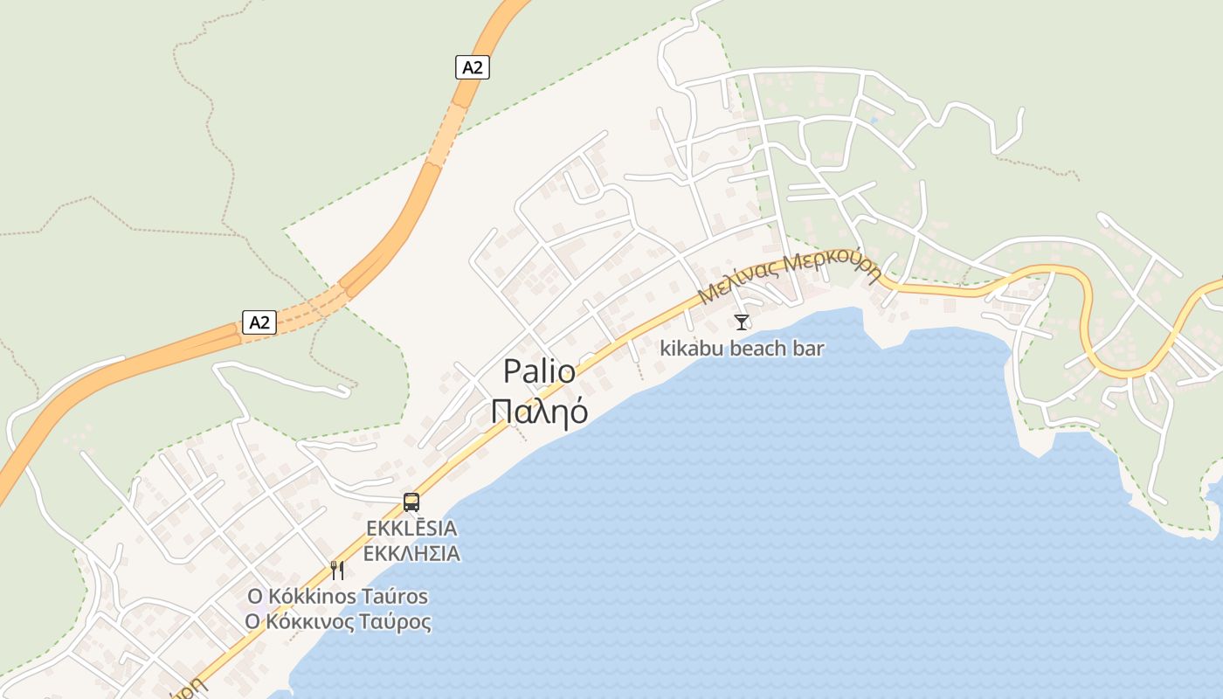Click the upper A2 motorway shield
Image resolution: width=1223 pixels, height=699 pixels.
coord(472,67)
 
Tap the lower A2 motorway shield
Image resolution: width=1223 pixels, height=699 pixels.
coord(259,322)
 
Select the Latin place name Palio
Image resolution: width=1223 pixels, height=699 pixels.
coord(539,372)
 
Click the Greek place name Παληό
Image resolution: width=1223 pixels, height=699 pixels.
coord(539,412)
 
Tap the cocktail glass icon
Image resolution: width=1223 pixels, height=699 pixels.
coord(742,322)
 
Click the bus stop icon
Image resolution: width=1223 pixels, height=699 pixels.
coord(411,502)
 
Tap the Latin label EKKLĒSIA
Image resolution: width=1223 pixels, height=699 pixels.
coord(411,529)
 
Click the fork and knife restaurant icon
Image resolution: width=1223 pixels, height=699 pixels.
coord(337,571)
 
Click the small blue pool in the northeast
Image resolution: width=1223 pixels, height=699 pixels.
coord(874,120)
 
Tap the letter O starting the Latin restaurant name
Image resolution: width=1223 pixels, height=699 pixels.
coord(255,597)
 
